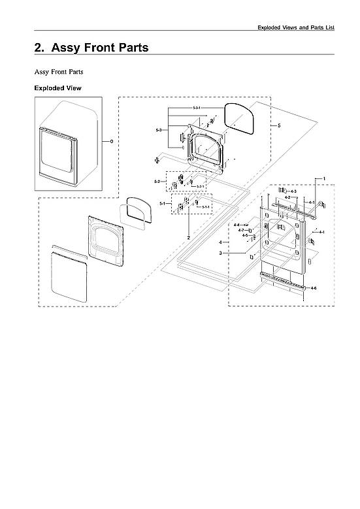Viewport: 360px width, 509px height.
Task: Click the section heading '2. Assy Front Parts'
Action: coord(91,48)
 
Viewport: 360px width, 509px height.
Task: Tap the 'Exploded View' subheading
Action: coord(57,88)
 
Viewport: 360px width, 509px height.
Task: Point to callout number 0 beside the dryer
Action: coord(111,141)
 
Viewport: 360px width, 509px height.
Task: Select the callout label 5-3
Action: coord(159,131)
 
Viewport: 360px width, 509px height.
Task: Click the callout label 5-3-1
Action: coord(196,107)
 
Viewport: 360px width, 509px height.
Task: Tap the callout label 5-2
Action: coord(157,181)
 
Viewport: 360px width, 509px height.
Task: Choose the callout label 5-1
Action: coord(161,204)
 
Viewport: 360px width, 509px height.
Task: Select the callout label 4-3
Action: coord(293,191)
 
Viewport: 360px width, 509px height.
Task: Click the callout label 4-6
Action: coord(314,288)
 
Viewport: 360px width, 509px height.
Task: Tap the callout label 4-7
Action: coord(240,230)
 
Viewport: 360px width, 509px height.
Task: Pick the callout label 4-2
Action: coord(287,197)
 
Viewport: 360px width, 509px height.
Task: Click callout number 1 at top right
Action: coord(323,178)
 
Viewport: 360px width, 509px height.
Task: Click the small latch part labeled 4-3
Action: coord(283,190)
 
